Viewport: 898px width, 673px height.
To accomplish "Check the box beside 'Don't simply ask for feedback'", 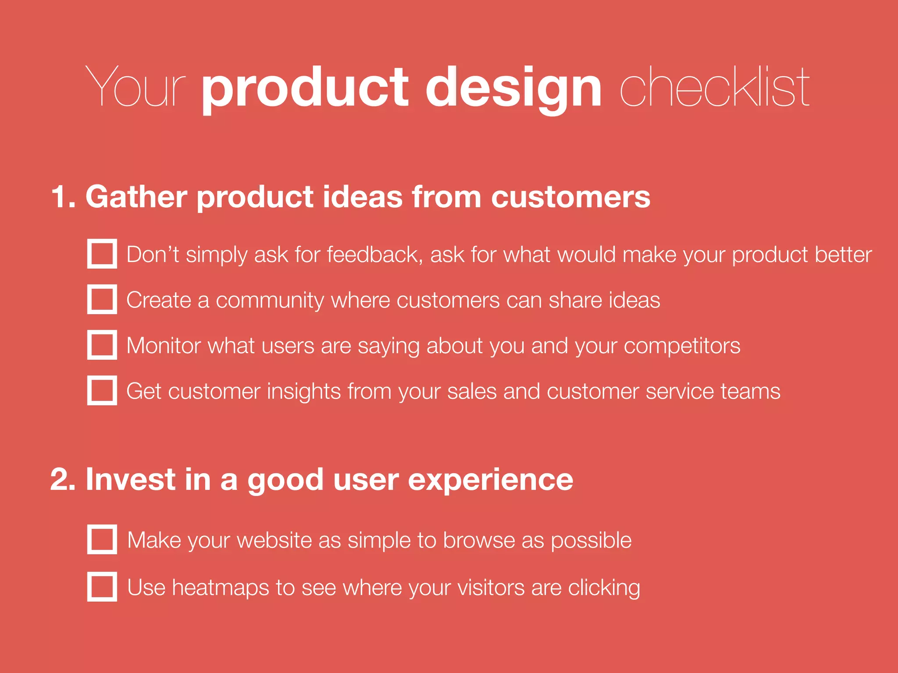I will (102, 254).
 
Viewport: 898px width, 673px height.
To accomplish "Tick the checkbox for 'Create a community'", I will (102, 299).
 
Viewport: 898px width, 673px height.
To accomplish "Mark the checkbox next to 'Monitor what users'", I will (102, 345).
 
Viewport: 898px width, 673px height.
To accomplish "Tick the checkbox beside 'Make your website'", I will (102, 539).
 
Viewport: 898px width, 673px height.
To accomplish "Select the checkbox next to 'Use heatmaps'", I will (102, 586).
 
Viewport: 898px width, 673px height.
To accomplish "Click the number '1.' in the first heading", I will (63, 197).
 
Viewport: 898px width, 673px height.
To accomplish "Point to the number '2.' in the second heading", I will (63, 479).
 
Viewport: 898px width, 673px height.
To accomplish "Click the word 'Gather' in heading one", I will (136, 197).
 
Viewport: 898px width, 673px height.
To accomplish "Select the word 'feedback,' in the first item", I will (375, 255).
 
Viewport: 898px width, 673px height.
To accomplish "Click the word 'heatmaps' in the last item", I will (220, 588).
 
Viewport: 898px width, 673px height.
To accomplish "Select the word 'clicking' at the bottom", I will (604, 588).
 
